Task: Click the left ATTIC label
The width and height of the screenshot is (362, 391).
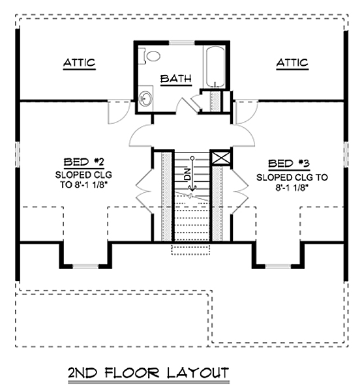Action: [80, 63]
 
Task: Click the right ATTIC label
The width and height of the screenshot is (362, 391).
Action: [292, 63]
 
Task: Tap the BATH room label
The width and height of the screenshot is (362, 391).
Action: [176, 79]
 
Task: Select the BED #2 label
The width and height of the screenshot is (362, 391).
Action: [84, 162]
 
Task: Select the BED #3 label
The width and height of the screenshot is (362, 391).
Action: [289, 164]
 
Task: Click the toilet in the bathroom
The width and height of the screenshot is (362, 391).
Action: [150, 56]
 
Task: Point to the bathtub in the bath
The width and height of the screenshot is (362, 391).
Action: [215, 66]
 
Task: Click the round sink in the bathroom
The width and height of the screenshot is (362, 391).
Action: [145, 98]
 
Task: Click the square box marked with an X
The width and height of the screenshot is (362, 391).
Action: [221, 158]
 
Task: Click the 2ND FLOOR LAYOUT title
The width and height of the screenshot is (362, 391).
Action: [149, 373]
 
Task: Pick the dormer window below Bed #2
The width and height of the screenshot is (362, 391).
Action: [85, 267]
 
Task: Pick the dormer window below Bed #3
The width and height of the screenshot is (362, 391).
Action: [278, 267]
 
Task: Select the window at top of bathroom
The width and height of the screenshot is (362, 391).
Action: [182, 42]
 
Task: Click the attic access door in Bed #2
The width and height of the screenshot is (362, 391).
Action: [119, 112]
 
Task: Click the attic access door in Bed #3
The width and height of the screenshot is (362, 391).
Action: [246, 112]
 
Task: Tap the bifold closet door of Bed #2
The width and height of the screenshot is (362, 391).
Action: [144, 192]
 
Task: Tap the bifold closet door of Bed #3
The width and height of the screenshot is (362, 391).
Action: [240, 192]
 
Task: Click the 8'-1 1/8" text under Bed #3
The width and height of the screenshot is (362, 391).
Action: [291, 188]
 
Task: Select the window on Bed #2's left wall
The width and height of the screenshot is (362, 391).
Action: [18, 154]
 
